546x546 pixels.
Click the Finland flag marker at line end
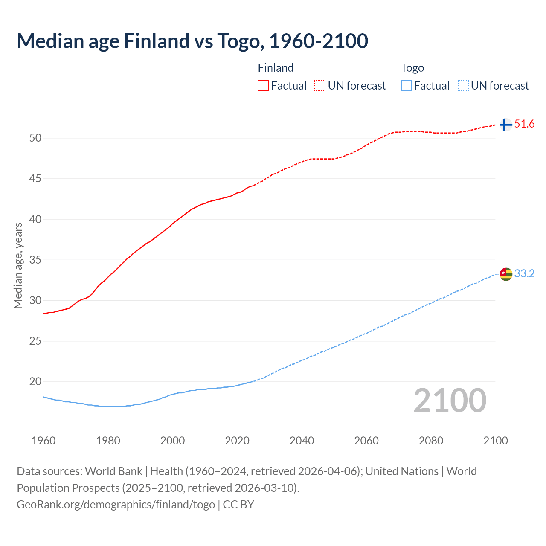pyautogui.click(x=505, y=125)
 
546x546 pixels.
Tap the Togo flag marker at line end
pyautogui.click(x=505, y=274)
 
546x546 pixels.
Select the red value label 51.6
pyautogui.click(x=524, y=124)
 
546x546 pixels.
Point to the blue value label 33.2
pyautogui.click(x=524, y=274)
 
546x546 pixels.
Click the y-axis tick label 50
pyautogui.click(x=35, y=138)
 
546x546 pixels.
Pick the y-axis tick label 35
pyautogui.click(x=35, y=260)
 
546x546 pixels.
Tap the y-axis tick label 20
pyautogui.click(x=35, y=382)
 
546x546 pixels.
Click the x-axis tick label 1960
pyautogui.click(x=44, y=441)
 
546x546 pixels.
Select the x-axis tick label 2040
pyautogui.click(x=302, y=441)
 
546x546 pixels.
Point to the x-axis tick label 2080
pyautogui.click(x=431, y=441)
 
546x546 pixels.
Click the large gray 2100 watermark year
pyautogui.click(x=450, y=401)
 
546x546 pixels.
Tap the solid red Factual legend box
pyautogui.click(x=263, y=86)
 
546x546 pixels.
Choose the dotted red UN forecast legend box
pyautogui.click(x=320, y=86)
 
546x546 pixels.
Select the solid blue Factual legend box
pyautogui.click(x=406, y=86)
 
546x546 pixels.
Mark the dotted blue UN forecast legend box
pyautogui.click(x=463, y=86)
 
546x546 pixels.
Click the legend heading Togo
pyautogui.click(x=412, y=68)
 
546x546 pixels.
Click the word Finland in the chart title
pyautogui.click(x=157, y=41)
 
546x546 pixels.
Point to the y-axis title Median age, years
pyautogui.click(x=18, y=265)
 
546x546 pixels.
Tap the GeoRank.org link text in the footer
pyautogui.click(x=116, y=505)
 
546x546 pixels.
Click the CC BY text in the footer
pyautogui.click(x=238, y=505)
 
